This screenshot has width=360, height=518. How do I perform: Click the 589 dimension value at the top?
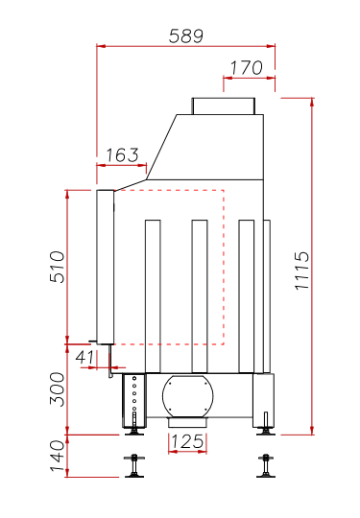coord(186,36)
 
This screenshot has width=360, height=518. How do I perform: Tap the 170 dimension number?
coord(247,68)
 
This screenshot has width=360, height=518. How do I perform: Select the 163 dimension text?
coord(122,155)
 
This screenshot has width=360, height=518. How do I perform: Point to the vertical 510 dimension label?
coord(58,267)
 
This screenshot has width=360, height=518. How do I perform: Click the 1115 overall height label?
coord(301,271)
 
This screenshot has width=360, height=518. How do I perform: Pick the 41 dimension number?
coord(84,357)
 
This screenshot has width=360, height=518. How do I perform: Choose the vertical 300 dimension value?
coord(58,389)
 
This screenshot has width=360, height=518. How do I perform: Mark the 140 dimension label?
coord(58,456)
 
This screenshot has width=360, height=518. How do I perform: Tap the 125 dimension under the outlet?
coord(187,441)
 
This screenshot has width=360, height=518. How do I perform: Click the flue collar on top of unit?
coord(224,106)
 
